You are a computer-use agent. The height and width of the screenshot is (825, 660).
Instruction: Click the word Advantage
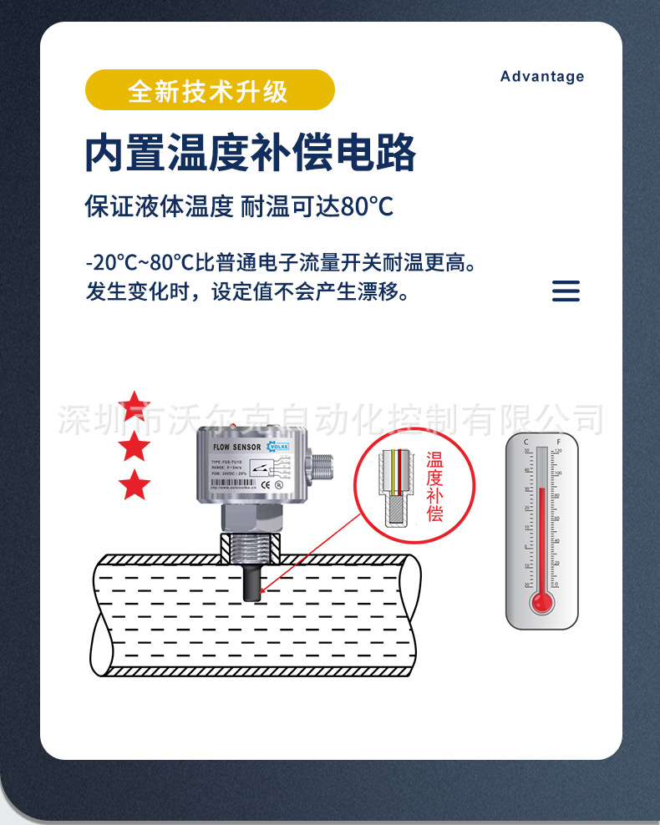pyautogui.click(x=542, y=77)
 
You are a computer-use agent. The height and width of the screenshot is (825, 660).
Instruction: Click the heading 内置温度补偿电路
pyautogui.click(x=251, y=153)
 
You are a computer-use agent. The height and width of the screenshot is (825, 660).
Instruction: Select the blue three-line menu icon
pyautogui.click(x=566, y=291)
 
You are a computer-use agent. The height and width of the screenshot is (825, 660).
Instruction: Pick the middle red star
pyautogui.click(x=135, y=447)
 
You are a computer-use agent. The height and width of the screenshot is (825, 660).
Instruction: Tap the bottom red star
pyautogui.click(x=135, y=485)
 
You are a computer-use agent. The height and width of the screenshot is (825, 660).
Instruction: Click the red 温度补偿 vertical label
pyautogui.click(x=434, y=487)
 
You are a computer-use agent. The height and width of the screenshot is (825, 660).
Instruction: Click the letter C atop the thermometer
pyautogui.click(x=525, y=440)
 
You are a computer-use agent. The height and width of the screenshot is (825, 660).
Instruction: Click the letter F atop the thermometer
pyautogui.click(x=558, y=440)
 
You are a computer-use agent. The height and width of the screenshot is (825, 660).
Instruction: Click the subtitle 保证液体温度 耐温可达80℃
pyautogui.click(x=239, y=206)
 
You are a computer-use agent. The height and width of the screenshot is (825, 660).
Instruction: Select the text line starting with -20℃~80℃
pyautogui.click(x=284, y=264)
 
